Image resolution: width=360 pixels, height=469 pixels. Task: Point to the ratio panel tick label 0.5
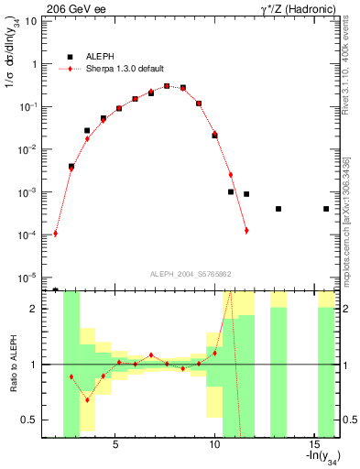pyautogui.click(x=29, y=420)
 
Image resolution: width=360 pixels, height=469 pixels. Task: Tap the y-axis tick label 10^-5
pyautogui.click(x=28, y=278)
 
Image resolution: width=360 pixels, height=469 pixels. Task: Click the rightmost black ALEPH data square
pyautogui.click(x=326, y=209)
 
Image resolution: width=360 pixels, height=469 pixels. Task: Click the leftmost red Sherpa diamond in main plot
pyautogui.click(x=56, y=234)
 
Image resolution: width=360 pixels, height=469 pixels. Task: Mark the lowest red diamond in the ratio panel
pyautogui.click(x=87, y=399)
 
